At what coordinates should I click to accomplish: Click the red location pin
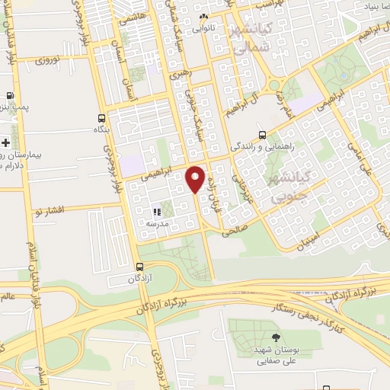click(195, 180)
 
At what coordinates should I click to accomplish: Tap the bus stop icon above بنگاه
click(101, 118)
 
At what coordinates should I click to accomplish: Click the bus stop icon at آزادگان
click(139, 267)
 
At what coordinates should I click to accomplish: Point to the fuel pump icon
click(9, 97)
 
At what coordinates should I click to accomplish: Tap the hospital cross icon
click(5, 142)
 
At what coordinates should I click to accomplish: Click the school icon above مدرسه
click(156, 213)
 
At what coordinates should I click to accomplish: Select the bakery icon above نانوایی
click(203, 17)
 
